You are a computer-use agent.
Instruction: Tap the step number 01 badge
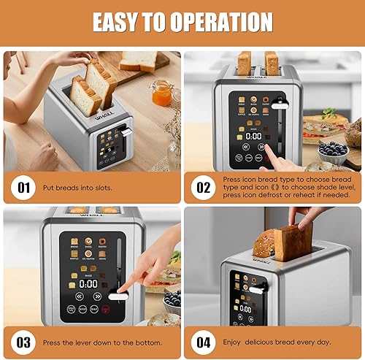(26, 187)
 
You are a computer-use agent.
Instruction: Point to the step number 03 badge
(26, 342)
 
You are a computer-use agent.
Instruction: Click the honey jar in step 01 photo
(162, 93)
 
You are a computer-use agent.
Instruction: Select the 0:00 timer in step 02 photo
(253, 136)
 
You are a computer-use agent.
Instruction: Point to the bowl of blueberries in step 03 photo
(172, 299)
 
